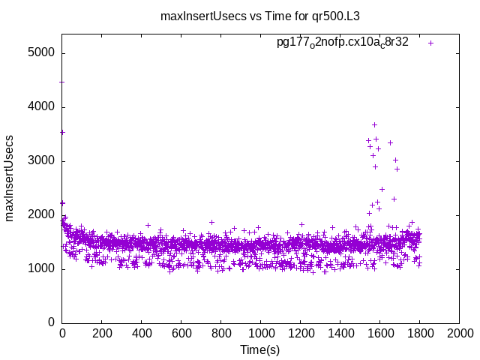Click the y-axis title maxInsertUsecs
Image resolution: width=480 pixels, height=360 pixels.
click(x=10, y=178)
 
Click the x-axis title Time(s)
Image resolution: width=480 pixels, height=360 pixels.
click(x=259, y=349)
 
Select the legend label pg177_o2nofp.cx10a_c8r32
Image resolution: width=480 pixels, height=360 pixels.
click(x=343, y=42)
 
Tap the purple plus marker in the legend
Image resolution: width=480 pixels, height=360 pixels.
click(x=430, y=43)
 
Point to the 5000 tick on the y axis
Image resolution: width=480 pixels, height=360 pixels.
click(x=42, y=53)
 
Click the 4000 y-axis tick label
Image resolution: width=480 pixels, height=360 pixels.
click(x=42, y=107)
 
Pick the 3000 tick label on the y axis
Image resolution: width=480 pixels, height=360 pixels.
click(x=42, y=161)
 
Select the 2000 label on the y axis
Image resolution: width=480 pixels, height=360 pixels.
click(x=42, y=215)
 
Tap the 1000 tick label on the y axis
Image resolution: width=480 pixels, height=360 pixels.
click(x=42, y=269)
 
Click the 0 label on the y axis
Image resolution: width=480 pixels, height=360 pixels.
click(x=51, y=323)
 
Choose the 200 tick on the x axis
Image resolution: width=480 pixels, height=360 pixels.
click(x=102, y=332)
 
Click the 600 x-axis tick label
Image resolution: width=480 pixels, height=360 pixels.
click(x=181, y=332)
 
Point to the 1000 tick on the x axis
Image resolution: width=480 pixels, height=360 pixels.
click(x=260, y=332)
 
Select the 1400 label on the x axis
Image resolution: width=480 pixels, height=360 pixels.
click(x=340, y=332)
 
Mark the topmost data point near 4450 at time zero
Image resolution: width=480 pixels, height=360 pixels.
click(x=62, y=82)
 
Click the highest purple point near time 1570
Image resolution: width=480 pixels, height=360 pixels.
click(x=374, y=124)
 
